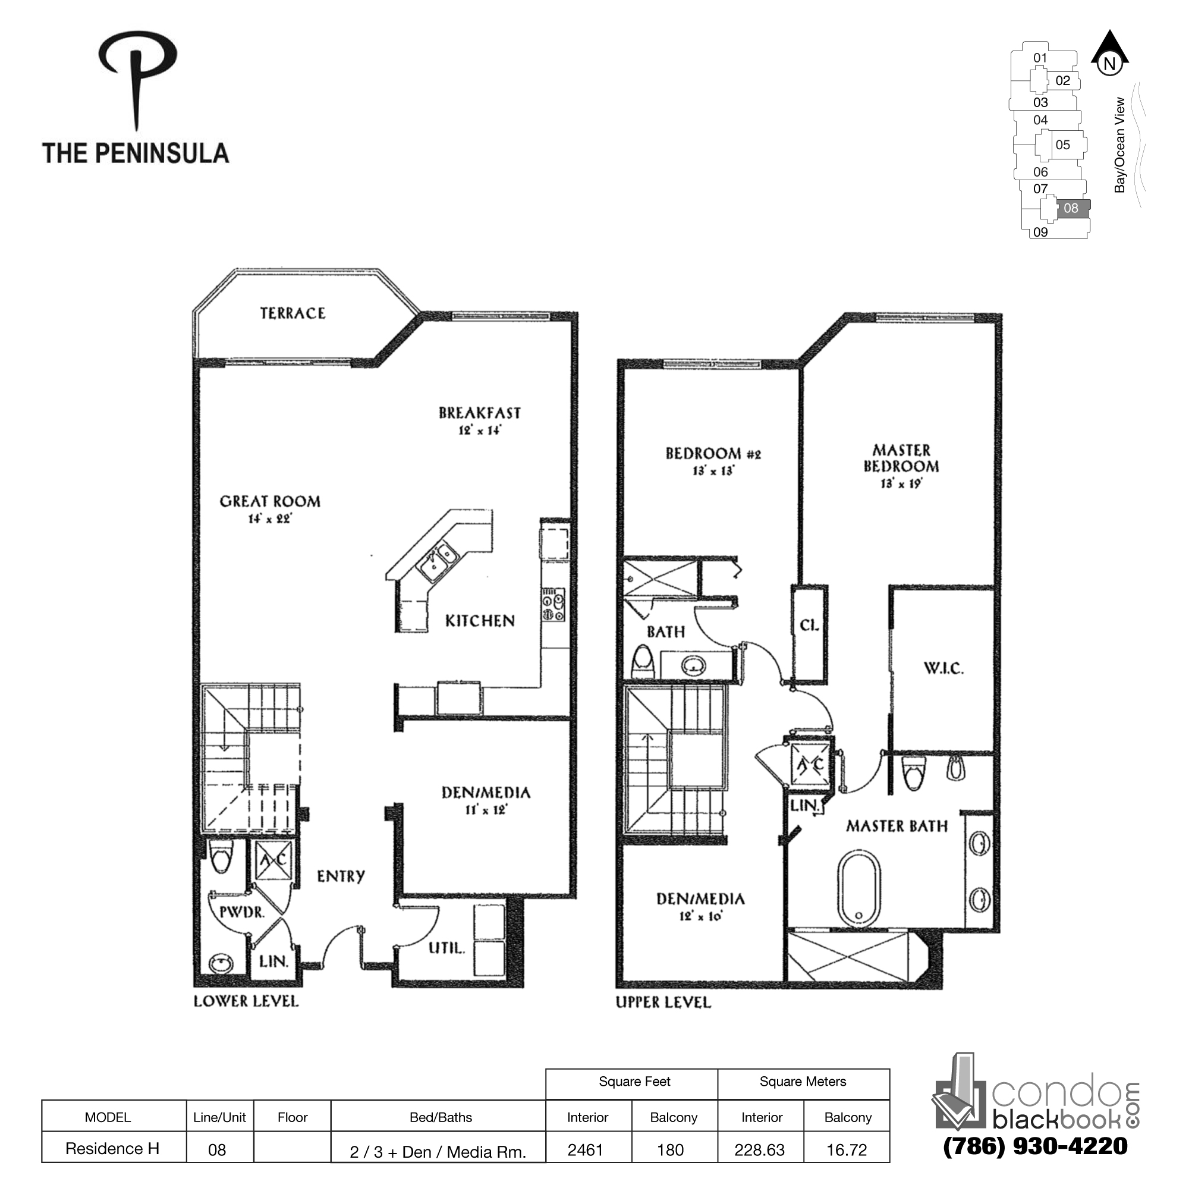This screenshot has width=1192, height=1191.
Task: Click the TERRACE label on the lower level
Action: click(x=293, y=313)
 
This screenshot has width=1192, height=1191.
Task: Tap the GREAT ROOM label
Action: click(x=271, y=502)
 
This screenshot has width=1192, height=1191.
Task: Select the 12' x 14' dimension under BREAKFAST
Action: click(x=479, y=430)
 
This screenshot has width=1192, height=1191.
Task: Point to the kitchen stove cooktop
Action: click(x=553, y=605)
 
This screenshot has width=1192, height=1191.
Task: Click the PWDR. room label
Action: click(x=242, y=912)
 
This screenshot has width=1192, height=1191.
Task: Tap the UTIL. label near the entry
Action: click(x=446, y=948)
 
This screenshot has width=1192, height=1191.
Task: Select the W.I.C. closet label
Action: click(x=943, y=668)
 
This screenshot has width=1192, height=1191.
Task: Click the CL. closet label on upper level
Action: click(x=810, y=625)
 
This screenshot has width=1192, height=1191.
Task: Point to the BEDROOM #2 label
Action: click(x=713, y=454)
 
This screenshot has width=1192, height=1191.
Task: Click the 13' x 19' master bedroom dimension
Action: click(x=901, y=484)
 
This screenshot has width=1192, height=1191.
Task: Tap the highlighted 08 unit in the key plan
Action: click(x=1071, y=209)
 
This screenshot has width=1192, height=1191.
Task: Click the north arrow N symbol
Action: click(x=1109, y=62)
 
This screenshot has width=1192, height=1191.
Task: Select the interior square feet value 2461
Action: click(x=586, y=1149)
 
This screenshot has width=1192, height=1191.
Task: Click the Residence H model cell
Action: click(x=113, y=1148)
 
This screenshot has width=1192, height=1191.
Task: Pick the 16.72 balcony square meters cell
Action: click(x=847, y=1149)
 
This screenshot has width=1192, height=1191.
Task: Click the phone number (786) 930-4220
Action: click(x=1035, y=1146)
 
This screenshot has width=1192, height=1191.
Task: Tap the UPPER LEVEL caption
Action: click(x=663, y=1003)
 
